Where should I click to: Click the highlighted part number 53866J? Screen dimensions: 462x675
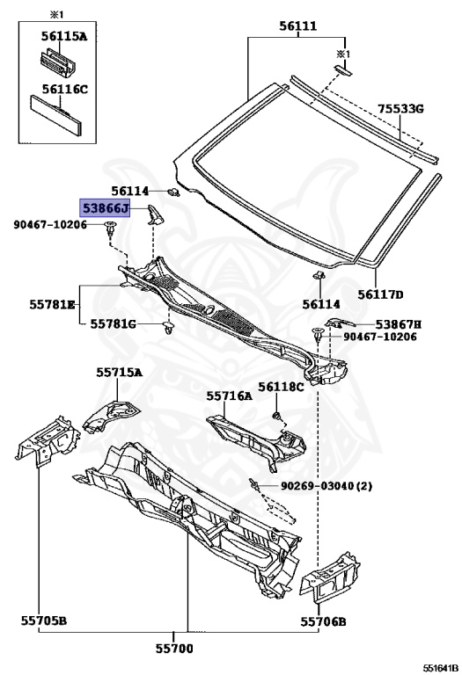[x=105, y=209]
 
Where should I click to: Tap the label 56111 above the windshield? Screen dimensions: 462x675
[x=297, y=26]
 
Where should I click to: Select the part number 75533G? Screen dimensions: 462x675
[x=400, y=108]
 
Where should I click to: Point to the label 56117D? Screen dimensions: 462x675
[x=380, y=294]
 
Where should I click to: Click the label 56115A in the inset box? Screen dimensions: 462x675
[x=64, y=36]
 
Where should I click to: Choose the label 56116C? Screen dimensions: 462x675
[x=64, y=89]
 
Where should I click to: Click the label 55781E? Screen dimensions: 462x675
[x=52, y=304]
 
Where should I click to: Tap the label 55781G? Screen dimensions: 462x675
[x=113, y=323]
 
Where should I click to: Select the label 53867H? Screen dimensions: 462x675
[x=399, y=324]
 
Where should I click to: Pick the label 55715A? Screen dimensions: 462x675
[x=119, y=372]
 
